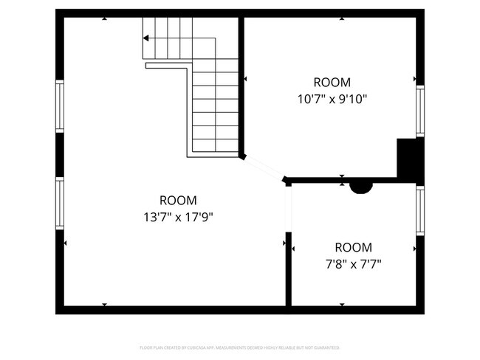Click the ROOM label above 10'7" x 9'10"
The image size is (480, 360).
332,83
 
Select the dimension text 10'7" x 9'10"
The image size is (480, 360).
332,98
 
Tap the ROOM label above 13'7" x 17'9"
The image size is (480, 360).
178,200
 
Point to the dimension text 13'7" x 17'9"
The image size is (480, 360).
178,217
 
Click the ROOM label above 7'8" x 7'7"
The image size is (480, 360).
353,248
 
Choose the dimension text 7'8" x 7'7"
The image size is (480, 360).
353,263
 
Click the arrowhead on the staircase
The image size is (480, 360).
147,38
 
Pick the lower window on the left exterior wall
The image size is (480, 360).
60,203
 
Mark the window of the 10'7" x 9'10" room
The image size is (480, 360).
419,111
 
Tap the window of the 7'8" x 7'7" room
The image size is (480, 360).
419,210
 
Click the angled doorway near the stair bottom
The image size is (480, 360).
264,167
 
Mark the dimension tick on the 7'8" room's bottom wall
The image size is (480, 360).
343,304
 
